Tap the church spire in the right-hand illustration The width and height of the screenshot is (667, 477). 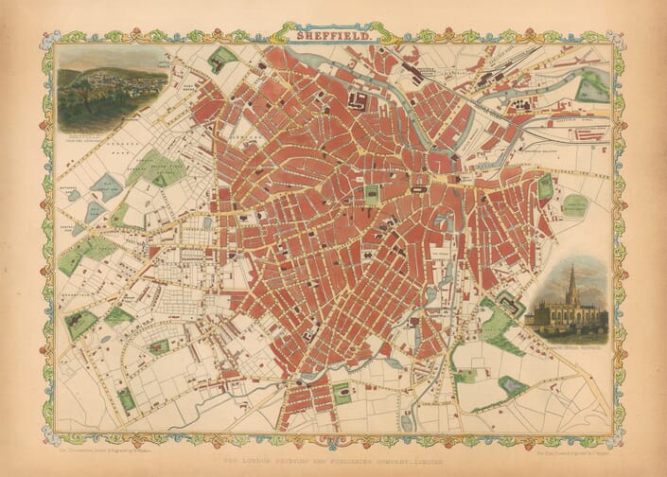click(x=570, y=279)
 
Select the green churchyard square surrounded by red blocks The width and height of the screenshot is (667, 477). click(x=373, y=195)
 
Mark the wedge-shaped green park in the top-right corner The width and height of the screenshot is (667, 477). click(x=592, y=87)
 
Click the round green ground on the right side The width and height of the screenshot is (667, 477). click(x=574, y=205)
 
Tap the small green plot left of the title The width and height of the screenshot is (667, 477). click(x=222, y=56)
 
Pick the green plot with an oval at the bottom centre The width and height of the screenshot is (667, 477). click(x=342, y=392)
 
